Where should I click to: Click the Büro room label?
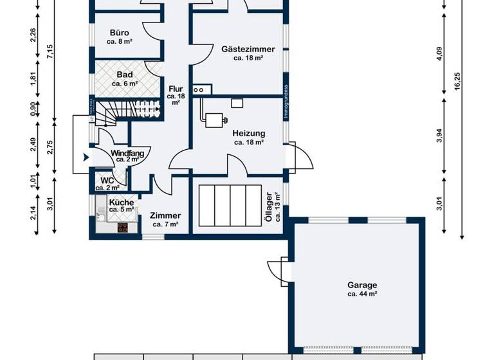(118, 33)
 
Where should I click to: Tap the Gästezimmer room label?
(248, 49)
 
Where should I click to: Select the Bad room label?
(124, 75)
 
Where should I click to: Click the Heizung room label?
(248, 133)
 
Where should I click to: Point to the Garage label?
(362, 285)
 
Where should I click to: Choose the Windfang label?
(127, 154)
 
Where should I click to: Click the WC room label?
(106, 180)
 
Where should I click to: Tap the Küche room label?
(122, 202)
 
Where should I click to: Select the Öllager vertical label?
(269, 206)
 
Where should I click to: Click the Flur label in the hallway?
(176, 89)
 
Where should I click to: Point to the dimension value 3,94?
(439, 135)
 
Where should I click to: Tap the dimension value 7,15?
(51, 54)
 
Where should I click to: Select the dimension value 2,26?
(33, 35)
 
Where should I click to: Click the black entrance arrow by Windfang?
(84, 156)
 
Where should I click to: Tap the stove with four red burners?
(122, 227)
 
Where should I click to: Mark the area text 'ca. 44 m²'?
(362, 294)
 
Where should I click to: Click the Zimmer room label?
(165, 216)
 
